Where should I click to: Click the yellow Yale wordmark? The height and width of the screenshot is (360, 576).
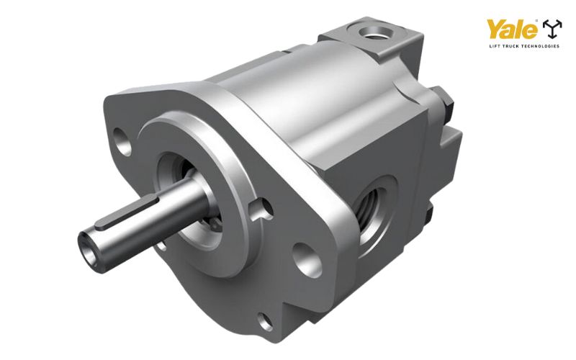(512, 29)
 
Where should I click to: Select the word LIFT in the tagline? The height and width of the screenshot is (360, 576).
(493, 46)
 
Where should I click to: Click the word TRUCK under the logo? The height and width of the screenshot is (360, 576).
(510, 46)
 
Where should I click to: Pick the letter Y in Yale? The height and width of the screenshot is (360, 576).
(496, 29)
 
